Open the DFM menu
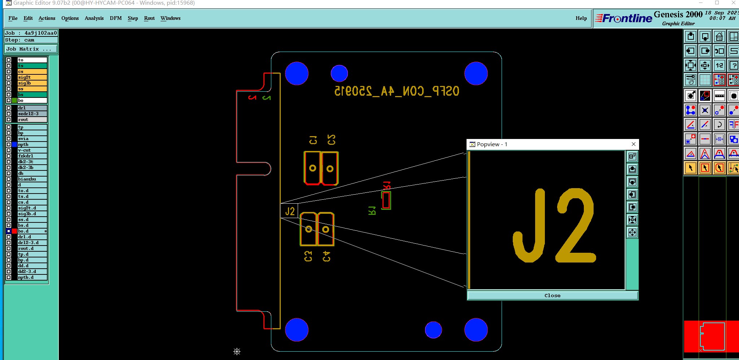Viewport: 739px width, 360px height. click(115, 18)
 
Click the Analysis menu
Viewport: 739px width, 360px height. click(94, 18)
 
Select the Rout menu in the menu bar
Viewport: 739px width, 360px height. click(149, 18)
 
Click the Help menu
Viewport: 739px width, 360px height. click(581, 18)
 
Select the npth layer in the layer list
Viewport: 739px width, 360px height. click(32, 144)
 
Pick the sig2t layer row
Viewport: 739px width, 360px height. click(32, 77)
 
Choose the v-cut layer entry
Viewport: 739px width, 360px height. click(32, 150)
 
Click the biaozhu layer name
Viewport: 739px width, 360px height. click(32, 179)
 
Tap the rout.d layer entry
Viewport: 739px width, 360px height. click(32, 248)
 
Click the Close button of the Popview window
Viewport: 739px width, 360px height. click(552, 295)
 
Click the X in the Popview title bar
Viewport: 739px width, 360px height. click(634, 144)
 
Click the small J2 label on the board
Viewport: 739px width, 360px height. click(290, 211)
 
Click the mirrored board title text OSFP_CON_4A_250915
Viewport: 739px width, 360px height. click(397, 91)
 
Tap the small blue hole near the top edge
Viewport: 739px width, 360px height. click(339, 73)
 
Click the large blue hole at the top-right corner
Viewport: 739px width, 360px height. click(476, 73)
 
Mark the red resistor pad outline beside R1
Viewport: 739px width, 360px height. click(386, 200)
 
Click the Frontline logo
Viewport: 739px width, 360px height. click(624, 18)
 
